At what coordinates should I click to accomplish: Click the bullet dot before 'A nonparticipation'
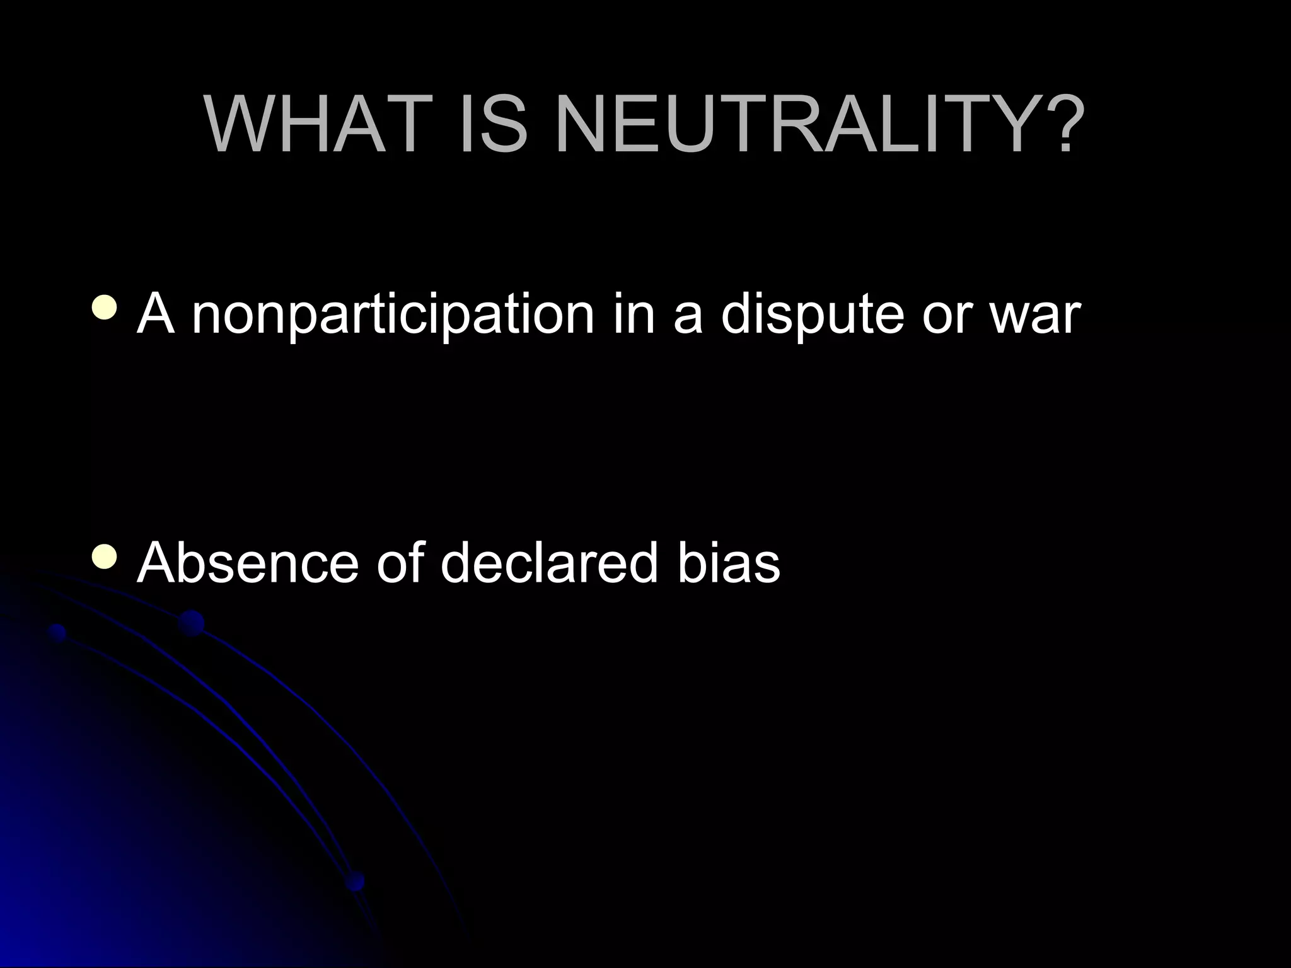pos(103,308)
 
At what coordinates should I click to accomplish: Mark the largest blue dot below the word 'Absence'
pos(191,623)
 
